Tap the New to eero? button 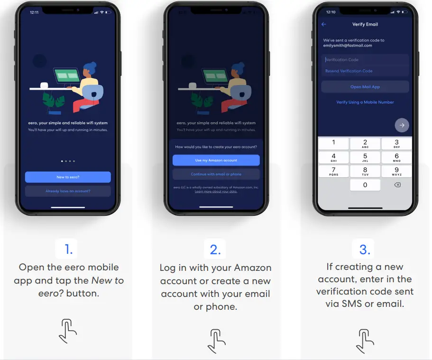pos(68,177)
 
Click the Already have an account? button pos(68,191)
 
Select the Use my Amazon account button pos(216,160)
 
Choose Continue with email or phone pos(216,174)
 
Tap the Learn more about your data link pos(216,192)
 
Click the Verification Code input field pos(365,60)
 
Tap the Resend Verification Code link pos(349,71)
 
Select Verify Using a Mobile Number pos(365,102)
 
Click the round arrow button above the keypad pos(402,125)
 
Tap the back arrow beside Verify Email pos(324,24)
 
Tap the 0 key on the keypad pos(365,185)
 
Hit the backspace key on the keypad pos(397,185)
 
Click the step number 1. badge pos(69,249)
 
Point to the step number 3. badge pos(365,249)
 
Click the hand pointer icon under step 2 pos(216,340)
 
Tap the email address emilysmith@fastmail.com pos(348,46)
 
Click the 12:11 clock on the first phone pos(34,12)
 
